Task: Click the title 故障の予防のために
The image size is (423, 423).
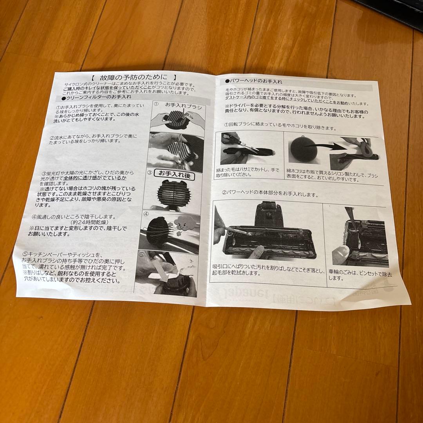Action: click(133, 79)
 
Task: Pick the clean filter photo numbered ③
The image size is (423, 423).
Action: click(174, 192)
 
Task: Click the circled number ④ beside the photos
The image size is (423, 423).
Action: click(145, 214)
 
